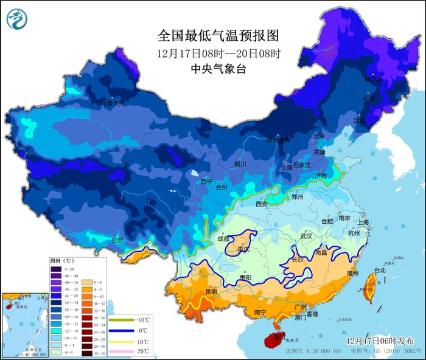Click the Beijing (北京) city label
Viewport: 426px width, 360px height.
[319, 136]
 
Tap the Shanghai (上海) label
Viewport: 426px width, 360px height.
[364, 223]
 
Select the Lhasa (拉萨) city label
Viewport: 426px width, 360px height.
[117, 241]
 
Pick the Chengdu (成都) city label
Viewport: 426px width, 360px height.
[223, 239]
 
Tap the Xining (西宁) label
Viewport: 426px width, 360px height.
[207, 182]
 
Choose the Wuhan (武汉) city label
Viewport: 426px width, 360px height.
[306, 235]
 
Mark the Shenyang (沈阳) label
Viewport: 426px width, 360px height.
[360, 120]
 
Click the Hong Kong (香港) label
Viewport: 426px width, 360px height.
[312, 314]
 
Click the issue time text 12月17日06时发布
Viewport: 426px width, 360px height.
[379, 341]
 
